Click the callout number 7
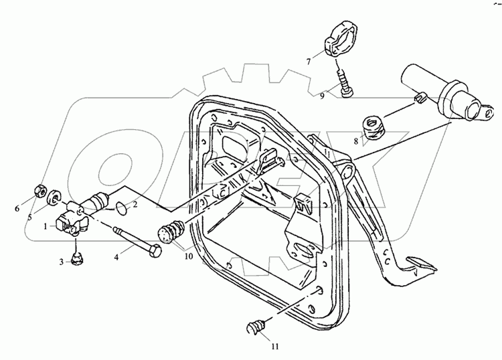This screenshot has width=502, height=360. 309,61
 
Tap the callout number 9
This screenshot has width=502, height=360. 322,95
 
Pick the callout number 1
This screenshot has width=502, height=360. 45,227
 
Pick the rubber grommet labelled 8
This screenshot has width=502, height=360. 373,126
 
